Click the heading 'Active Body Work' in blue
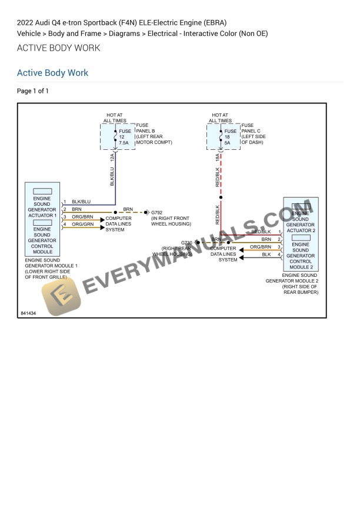point(52,73)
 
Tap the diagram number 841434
point(28,313)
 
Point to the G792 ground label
point(157,212)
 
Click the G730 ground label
point(186,243)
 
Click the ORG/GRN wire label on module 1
point(83,224)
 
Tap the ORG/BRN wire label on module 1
point(83,217)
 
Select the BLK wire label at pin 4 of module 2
point(266,254)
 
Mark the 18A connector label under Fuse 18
point(218,158)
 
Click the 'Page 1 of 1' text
point(33,91)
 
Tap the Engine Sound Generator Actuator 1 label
point(42,207)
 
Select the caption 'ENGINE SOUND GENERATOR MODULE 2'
point(292,278)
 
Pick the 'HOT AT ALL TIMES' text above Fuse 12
point(115,118)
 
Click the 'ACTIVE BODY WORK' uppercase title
point(58,48)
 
